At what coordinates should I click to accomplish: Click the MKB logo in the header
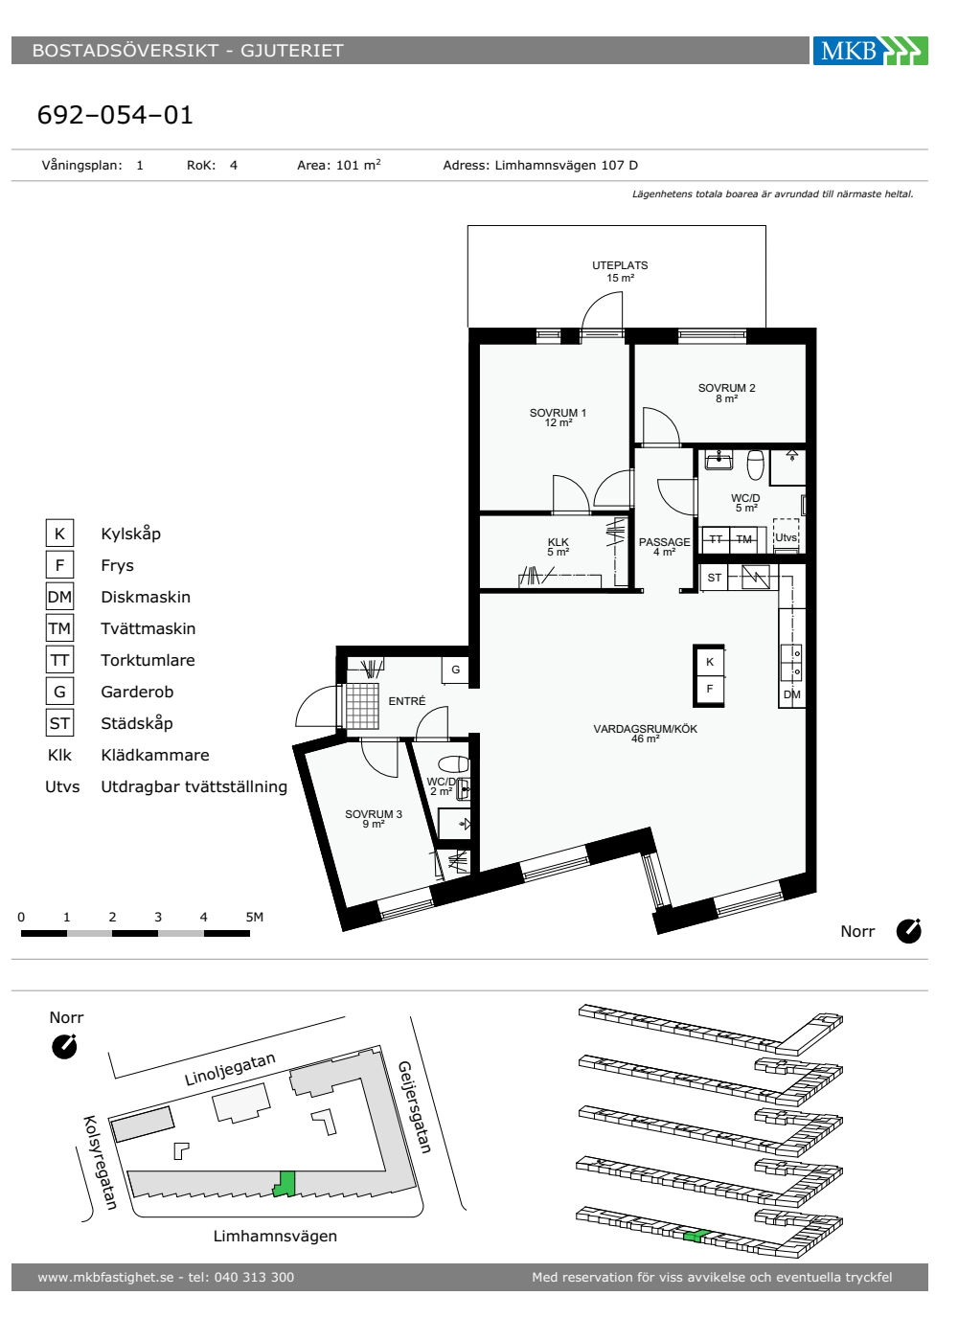[x=870, y=50]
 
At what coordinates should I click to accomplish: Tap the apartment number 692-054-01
[x=115, y=115]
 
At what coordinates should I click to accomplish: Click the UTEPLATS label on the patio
[x=620, y=265]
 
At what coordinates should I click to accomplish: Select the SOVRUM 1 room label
[x=558, y=413]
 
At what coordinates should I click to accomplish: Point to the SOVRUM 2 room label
[x=726, y=388]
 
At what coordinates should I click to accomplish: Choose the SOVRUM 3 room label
[x=373, y=814]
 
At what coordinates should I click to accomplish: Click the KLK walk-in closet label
[x=558, y=542]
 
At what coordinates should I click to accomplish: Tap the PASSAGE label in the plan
[x=664, y=542]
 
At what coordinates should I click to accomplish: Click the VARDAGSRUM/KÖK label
[x=645, y=729]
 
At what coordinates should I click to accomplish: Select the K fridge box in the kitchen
[x=710, y=662]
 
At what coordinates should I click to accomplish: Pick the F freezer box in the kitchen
[x=710, y=689]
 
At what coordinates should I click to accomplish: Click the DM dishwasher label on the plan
[x=791, y=694]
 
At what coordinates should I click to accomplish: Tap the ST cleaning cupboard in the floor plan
[x=715, y=578]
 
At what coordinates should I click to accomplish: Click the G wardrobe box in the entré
[x=455, y=670]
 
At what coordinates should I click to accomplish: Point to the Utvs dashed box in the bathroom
[x=786, y=535]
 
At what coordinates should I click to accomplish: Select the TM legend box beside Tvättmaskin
[x=59, y=628]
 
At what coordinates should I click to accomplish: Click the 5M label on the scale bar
[x=255, y=917]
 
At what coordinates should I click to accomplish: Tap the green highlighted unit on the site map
[x=285, y=1184]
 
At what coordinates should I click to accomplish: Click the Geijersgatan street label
[x=414, y=1107]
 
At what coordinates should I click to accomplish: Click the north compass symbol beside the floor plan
[x=908, y=931]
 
